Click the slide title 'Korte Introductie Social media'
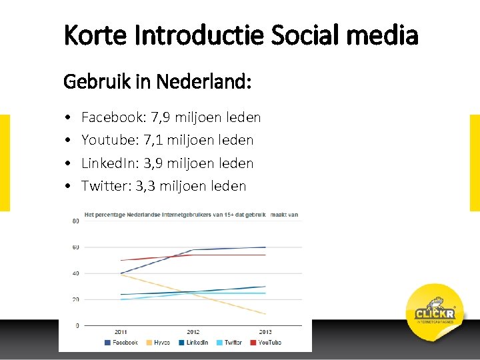tap(241, 35)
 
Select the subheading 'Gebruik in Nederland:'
tap(157, 82)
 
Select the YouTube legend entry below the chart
tap(266, 342)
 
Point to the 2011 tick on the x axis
tap(121, 331)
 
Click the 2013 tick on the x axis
tap(265, 331)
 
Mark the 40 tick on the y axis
tap(75, 273)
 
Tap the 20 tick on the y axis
tap(75, 299)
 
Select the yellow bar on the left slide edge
tap(5, 163)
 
